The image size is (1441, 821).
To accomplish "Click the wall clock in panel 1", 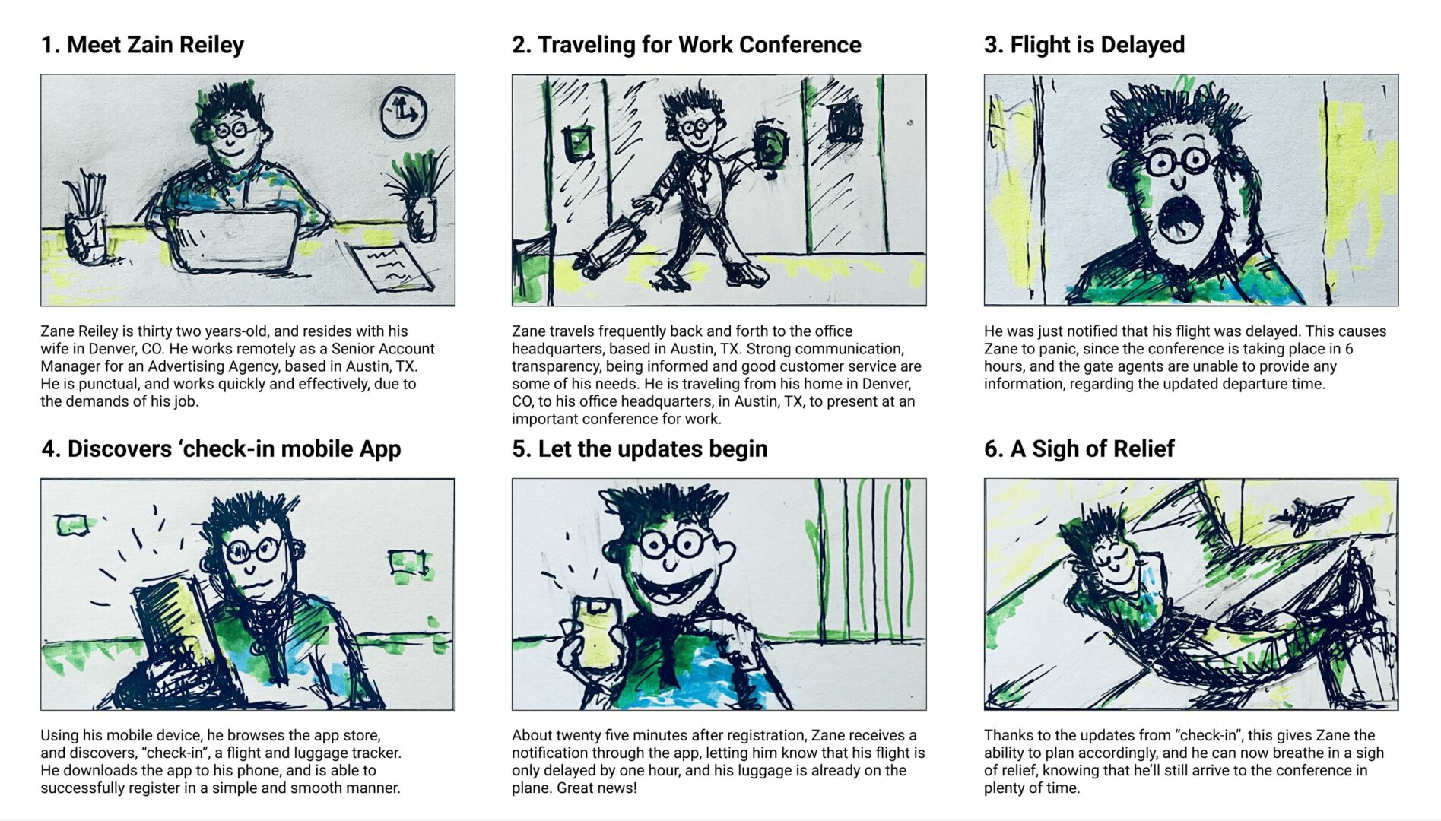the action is [x=402, y=113].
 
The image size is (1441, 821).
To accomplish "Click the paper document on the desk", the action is [x=392, y=266].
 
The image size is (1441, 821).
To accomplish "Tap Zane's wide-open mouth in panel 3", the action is [x=1179, y=219].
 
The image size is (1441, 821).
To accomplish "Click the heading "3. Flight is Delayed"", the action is [x=1084, y=45].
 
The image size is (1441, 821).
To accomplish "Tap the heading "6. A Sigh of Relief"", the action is [x=1079, y=449].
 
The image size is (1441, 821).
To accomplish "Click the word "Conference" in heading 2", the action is [x=800, y=45].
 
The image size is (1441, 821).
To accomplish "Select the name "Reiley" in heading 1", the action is [x=212, y=46].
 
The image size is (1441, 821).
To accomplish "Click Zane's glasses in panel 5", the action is [x=674, y=544].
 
